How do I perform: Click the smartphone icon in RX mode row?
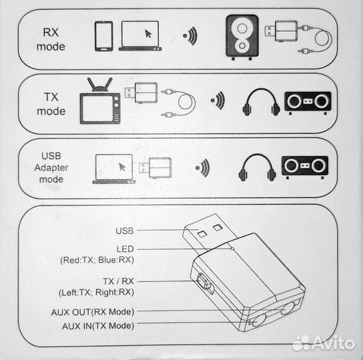(102, 35)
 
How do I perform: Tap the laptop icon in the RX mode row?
(139, 36)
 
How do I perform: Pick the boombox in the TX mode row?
(308, 101)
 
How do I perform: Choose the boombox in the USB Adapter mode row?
(305, 166)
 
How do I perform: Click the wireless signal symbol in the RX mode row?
(191, 36)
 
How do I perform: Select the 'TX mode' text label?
(51, 103)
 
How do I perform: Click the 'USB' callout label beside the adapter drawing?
(124, 231)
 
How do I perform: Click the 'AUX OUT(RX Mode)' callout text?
(92, 311)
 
